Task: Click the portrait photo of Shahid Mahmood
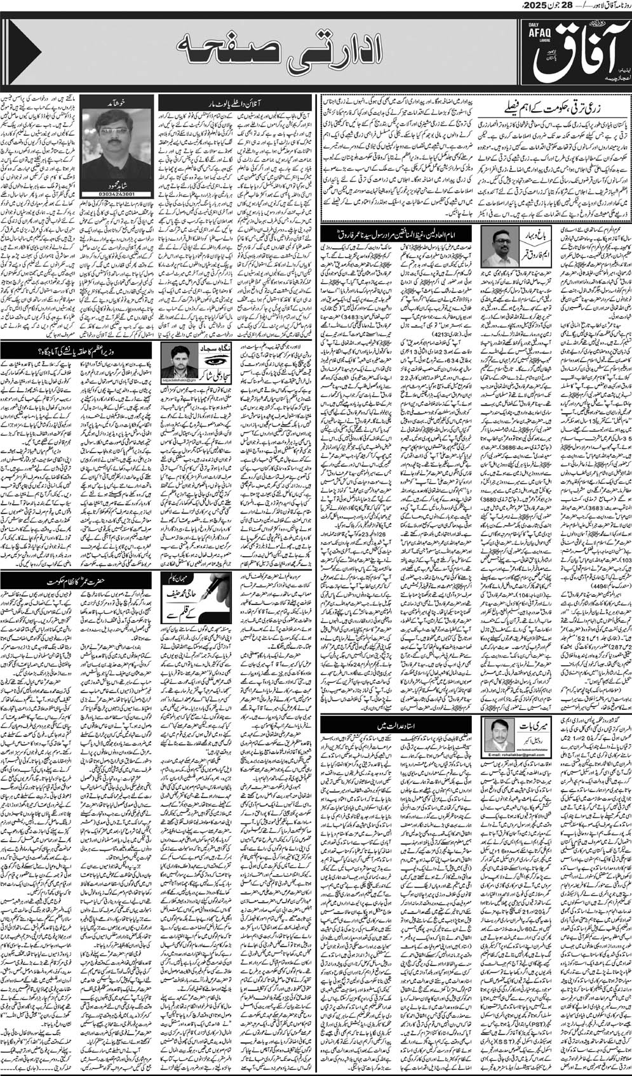point(112,128)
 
